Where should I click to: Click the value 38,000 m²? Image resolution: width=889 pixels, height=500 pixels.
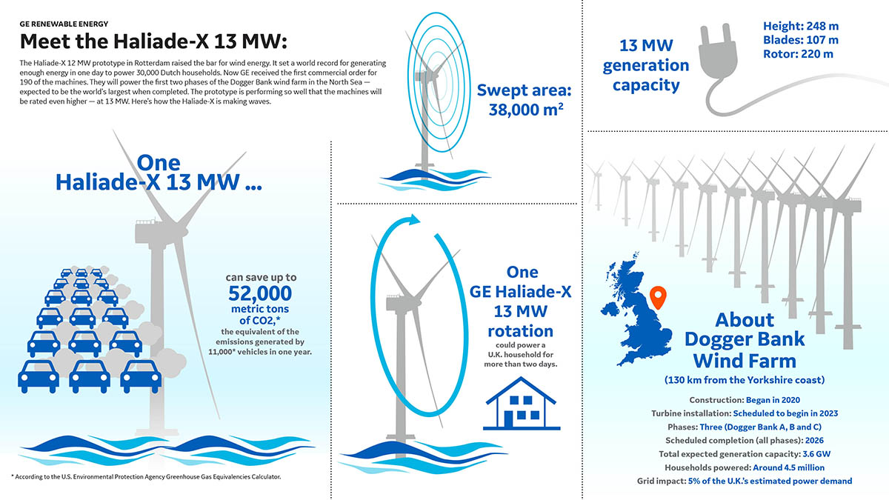coord(526,110)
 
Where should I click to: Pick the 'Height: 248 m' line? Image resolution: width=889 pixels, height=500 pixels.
coord(802,26)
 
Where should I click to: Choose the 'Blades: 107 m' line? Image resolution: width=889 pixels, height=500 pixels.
coord(800,40)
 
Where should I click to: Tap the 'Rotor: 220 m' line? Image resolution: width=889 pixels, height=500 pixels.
coord(797,54)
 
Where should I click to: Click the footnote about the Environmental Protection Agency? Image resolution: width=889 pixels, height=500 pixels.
coord(147,476)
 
